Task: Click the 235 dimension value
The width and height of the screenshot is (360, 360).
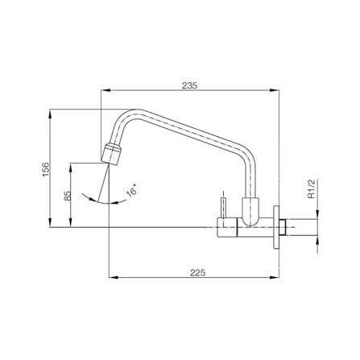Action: coord(190,85)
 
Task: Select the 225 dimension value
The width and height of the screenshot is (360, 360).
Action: coord(198,273)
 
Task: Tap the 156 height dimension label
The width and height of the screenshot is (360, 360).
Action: coord(46,169)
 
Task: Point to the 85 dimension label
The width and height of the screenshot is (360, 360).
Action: coord(68,196)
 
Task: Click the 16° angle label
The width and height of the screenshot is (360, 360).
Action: coord(131,191)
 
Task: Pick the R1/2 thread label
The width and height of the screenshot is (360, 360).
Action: coord(311,188)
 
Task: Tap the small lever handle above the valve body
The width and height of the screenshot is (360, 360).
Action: coord(223,208)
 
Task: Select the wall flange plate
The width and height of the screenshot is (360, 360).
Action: coord(276,227)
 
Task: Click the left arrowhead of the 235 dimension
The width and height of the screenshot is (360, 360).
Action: coord(106,90)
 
